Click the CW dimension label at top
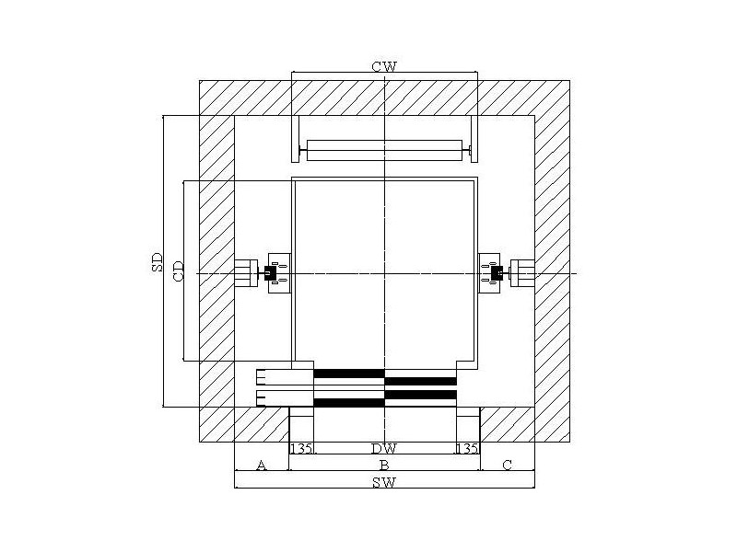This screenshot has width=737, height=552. tap(384, 66)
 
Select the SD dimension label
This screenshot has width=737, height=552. tap(157, 262)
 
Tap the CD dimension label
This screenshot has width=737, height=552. tap(179, 271)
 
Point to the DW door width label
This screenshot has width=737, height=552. tap(384, 449)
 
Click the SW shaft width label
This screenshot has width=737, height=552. tap(384, 482)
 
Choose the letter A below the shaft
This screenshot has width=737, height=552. tap(262, 466)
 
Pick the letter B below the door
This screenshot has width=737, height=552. tap(384, 466)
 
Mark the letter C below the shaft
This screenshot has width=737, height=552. tap(508, 466)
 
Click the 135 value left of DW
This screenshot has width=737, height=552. tap(301, 449)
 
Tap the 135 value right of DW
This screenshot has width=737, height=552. tap(468, 449)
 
